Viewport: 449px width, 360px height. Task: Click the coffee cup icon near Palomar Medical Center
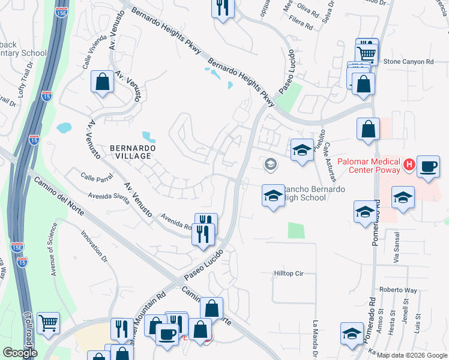click(x=428, y=166)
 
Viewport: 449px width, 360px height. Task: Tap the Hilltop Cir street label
click(x=295, y=273)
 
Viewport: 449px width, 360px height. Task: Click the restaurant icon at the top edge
click(x=223, y=8)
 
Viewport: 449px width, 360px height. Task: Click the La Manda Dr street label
click(x=315, y=340)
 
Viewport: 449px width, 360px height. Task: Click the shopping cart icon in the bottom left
click(x=49, y=323)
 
